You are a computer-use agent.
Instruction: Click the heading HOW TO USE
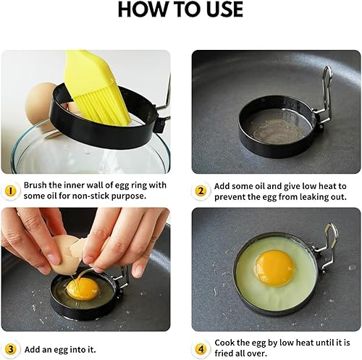[180, 9]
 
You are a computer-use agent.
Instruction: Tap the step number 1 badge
[10, 191]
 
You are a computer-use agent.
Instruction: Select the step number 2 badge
[201, 191]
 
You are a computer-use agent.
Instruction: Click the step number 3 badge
[10, 349]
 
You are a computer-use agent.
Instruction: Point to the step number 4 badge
[201, 349]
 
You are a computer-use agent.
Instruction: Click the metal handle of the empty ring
[324, 96]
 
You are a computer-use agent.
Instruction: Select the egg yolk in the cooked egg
[274, 268]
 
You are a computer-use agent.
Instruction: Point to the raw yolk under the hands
[83, 289]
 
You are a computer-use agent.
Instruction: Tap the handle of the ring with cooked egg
[327, 248]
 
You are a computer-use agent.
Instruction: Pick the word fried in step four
[223, 353]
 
